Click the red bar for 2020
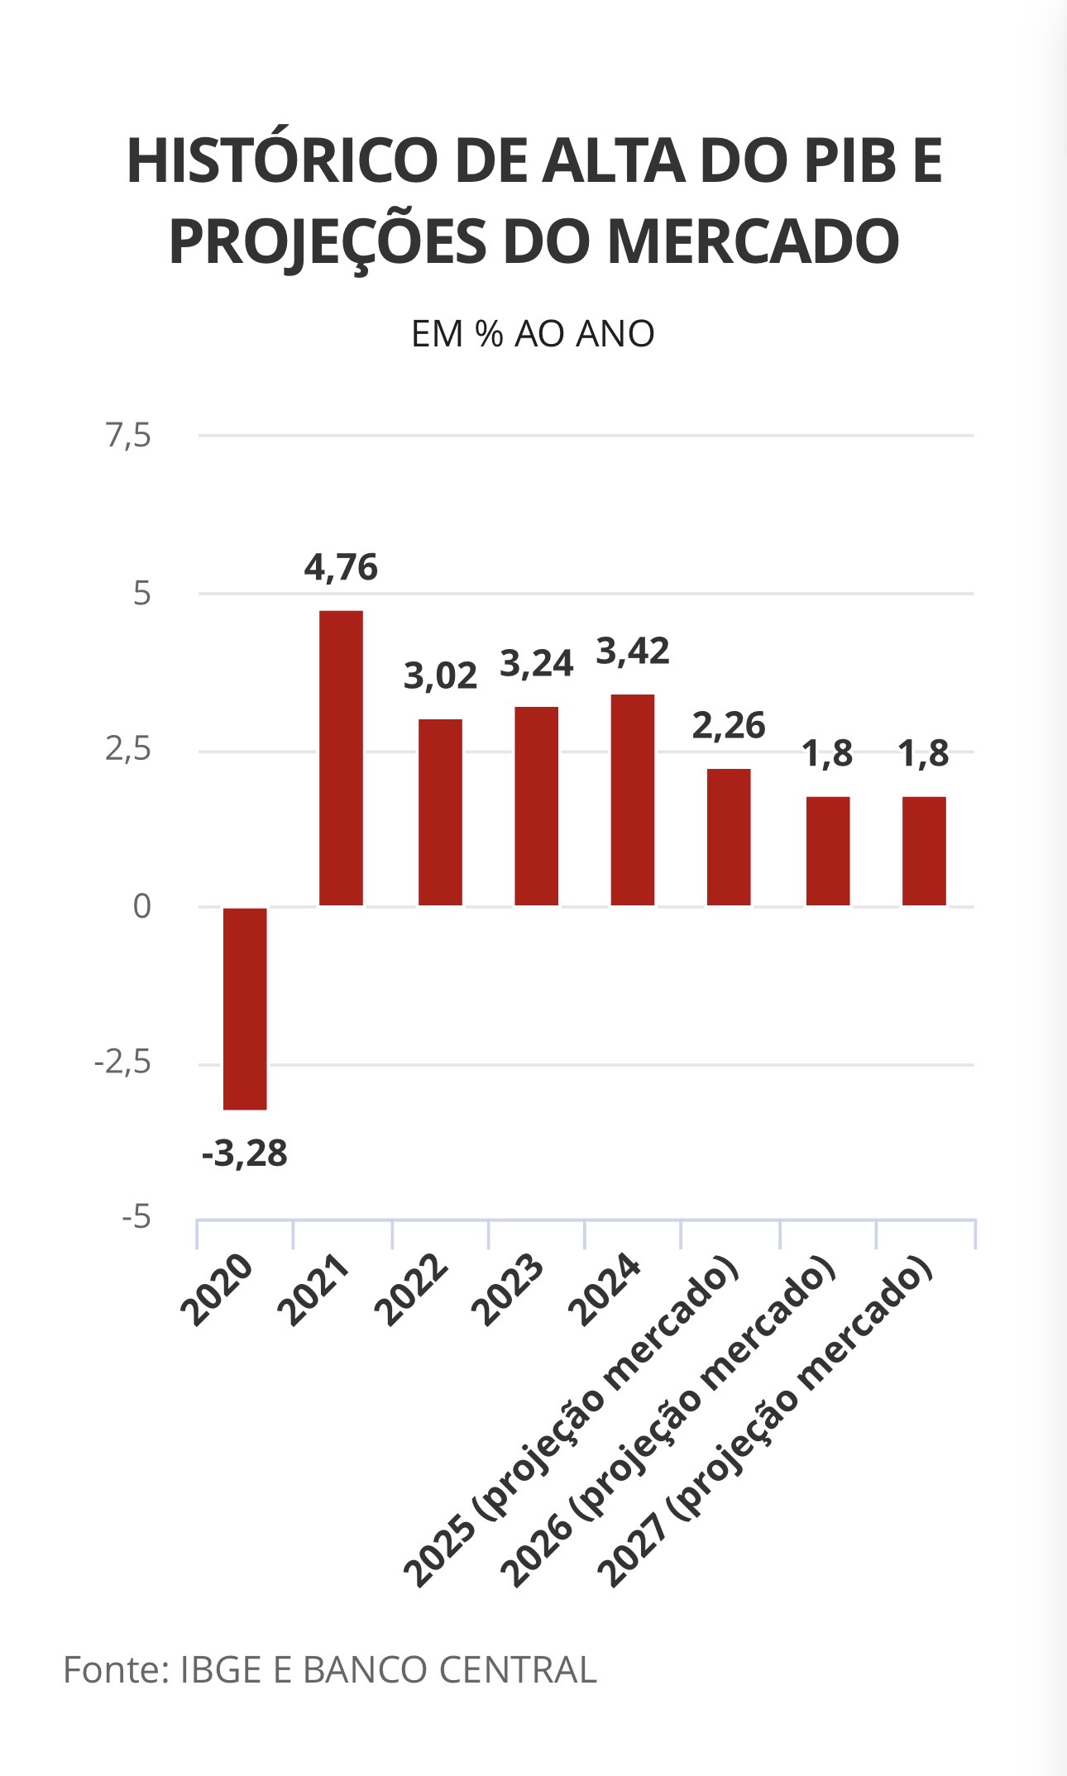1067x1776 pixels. (245, 1008)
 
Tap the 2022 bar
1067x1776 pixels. (440, 812)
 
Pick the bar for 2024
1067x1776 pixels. (633, 800)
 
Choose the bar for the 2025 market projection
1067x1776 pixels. (729, 837)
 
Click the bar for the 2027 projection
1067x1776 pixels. (924, 851)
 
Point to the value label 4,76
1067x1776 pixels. (341, 568)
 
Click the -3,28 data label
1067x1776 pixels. (245, 1153)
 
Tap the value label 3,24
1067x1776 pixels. (537, 664)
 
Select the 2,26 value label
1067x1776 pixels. (729, 726)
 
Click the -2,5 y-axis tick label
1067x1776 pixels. (123, 1062)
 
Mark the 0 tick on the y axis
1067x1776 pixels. (142, 907)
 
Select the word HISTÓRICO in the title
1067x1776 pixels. (281, 161)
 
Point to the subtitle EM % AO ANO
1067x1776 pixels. (533, 334)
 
